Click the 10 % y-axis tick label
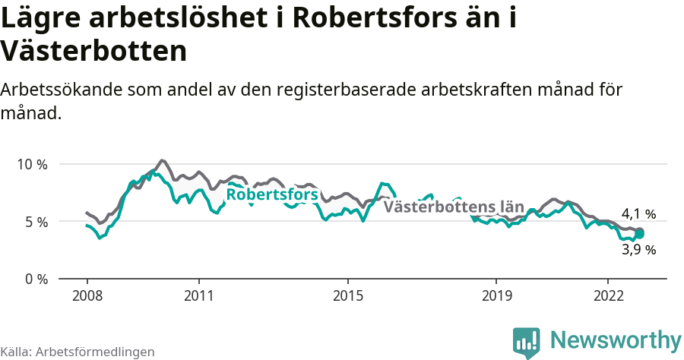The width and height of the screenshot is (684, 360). tap(32, 164)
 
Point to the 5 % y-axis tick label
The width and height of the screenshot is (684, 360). tap(35, 222)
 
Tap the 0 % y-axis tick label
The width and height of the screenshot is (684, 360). tap(35, 279)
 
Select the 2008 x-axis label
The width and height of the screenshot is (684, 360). tap(87, 295)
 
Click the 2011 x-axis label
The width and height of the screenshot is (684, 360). tap(198, 295)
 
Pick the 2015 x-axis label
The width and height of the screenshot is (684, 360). tap(347, 295)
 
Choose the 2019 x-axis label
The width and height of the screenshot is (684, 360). tap(496, 295)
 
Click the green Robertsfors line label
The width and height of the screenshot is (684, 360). tap(272, 195)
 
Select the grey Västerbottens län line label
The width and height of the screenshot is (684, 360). tap(454, 207)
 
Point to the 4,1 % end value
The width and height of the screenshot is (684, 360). tap(638, 214)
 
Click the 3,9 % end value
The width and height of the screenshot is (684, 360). tap(638, 249)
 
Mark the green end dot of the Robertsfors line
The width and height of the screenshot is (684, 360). tap(640, 234)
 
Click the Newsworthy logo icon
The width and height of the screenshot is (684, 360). tap(527, 342)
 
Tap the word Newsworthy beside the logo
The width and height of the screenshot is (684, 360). tap(616, 339)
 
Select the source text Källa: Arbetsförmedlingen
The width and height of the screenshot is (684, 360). tap(78, 352)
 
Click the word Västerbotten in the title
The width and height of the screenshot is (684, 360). tap(94, 51)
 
